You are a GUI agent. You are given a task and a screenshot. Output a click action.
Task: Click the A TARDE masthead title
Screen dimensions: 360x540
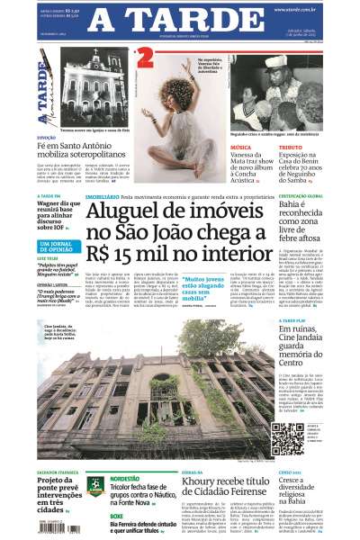pyautogui.click(x=179, y=20)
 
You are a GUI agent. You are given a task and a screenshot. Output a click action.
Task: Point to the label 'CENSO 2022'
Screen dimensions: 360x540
pyautogui.click(x=290, y=472)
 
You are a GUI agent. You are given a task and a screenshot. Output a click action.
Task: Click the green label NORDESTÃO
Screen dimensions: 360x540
pyautogui.click(x=124, y=479)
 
